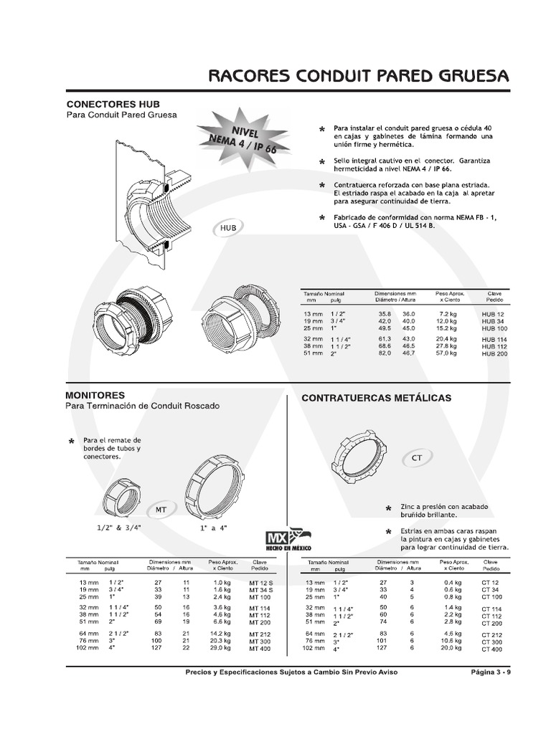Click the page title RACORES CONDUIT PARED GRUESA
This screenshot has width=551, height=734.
click(x=358, y=76)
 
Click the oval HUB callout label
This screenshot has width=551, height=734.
click(x=228, y=228)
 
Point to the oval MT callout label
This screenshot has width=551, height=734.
click(x=162, y=510)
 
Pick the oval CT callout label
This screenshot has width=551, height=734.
click(x=417, y=457)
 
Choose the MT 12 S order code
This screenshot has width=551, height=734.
click(x=261, y=583)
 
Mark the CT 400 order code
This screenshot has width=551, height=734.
click(x=492, y=649)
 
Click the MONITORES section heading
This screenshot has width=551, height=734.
click(x=95, y=395)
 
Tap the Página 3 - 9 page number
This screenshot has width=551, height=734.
click(x=491, y=672)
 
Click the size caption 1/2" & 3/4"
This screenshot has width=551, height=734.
click(x=119, y=528)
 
